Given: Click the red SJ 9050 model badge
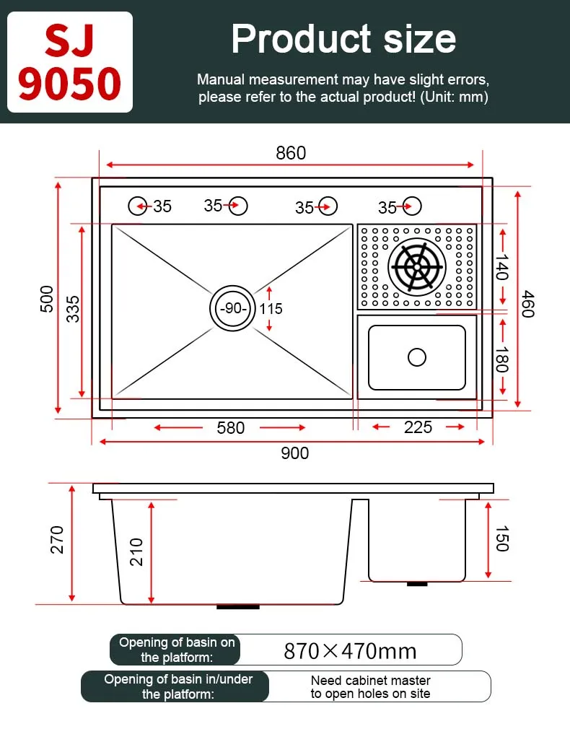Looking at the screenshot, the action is click(x=70, y=62).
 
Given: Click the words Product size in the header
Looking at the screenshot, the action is click(x=343, y=39).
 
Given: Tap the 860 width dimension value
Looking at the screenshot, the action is click(x=291, y=153).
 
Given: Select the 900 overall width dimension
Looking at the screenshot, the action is click(x=294, y=453).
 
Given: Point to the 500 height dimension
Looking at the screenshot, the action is click(x=47, y=298).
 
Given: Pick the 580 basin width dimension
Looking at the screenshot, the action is click(x=231, y=428).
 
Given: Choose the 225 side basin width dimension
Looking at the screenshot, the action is click(x=418, y=427).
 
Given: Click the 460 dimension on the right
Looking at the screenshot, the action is click(x=528, y=304).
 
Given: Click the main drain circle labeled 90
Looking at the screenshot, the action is click(x=232, y=308).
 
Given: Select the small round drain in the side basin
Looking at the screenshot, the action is click(x=417, y=357).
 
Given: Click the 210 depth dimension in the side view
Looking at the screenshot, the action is click(x=137, y=552).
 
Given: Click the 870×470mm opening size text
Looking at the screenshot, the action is click(x=350, y=651).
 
